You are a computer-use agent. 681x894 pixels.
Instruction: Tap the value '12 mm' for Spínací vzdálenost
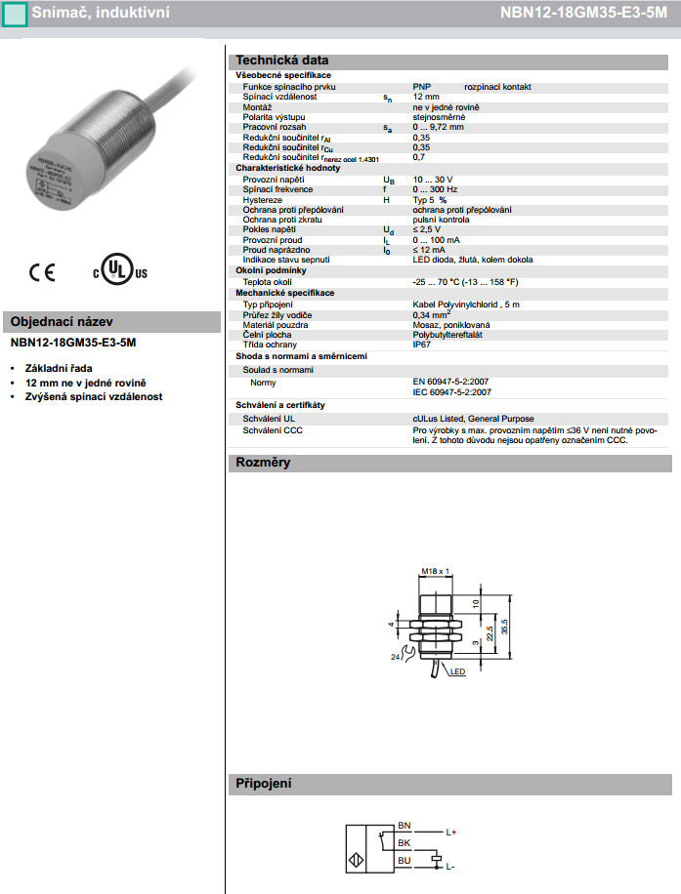(x=426, y=97)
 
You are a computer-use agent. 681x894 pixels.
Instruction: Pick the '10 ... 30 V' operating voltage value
(x=433, y=180)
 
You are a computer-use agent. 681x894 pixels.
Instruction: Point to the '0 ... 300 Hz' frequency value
(x=436, y=189)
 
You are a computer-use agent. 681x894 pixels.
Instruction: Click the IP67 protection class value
(x=422, y=344)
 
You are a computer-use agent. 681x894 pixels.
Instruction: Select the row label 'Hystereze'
(x=263, y=199)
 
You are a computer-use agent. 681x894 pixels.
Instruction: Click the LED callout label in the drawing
(x=457, y=672)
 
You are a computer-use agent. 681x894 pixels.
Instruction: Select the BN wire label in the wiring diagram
(x=404, y=826)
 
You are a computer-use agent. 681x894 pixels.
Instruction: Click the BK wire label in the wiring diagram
(x=404, y=843)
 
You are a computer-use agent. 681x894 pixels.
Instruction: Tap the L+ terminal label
(x=451, y=833)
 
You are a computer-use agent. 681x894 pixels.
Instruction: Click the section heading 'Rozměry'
(x=263, y=463)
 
